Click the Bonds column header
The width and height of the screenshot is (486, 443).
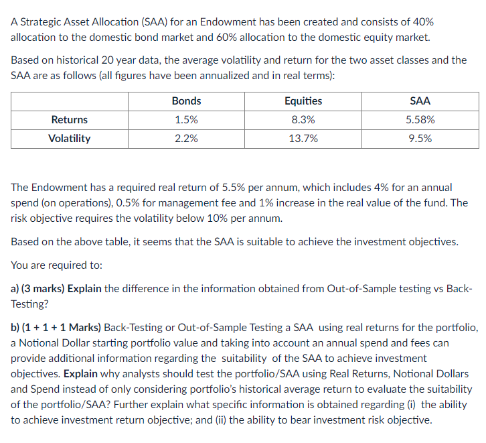pos(186,101)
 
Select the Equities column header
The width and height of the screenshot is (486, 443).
pos(303,101)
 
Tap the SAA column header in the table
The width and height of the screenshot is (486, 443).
pos(420,101)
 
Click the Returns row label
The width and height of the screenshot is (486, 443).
pos(70,120)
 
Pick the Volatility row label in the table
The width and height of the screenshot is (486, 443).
pos(70,139)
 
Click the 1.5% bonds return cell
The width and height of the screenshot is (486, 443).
pos(186,120)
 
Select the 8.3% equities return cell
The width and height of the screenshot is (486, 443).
pos(303,120)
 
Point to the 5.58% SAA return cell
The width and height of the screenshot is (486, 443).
pos(420,120)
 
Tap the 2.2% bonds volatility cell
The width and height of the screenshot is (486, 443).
pos(186,139)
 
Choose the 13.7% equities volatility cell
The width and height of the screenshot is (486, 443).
pos(303,139)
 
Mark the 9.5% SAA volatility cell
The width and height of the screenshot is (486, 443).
pos(420,139)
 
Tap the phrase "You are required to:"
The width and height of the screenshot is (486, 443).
pos(57,265)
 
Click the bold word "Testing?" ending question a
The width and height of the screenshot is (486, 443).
pos(30,304)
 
